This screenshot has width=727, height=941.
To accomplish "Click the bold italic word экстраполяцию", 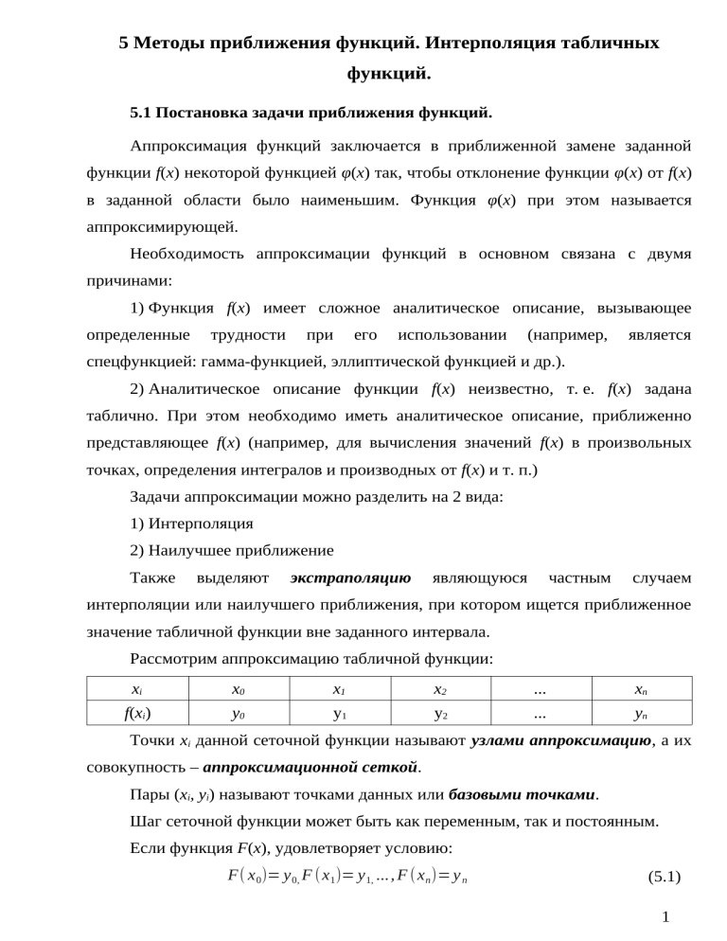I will pos(350,576).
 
